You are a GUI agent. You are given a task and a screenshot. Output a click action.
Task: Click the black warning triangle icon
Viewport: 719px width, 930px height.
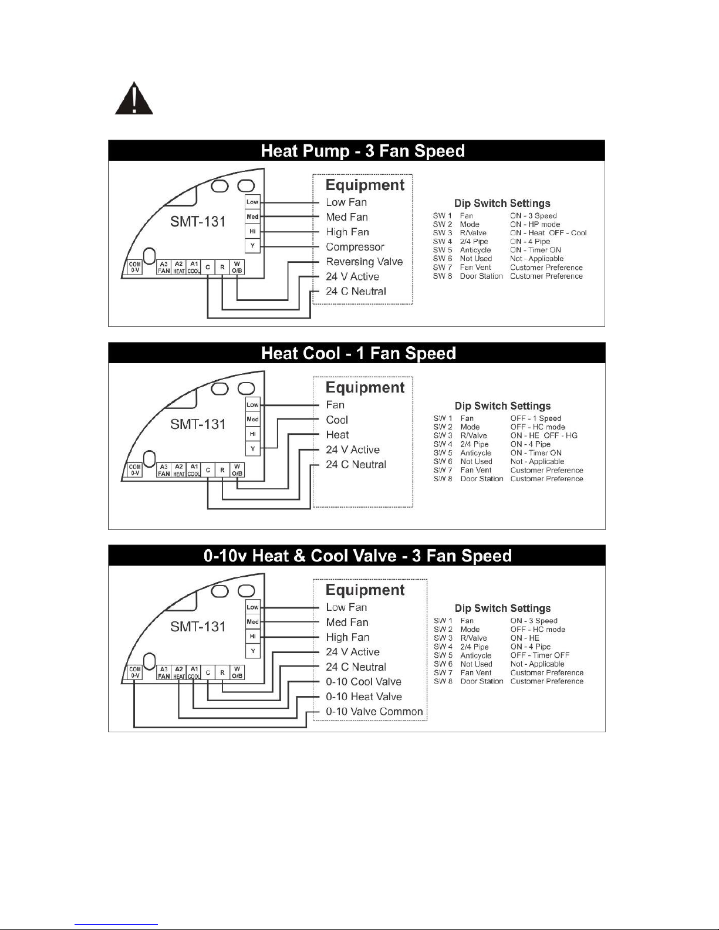(134, 99)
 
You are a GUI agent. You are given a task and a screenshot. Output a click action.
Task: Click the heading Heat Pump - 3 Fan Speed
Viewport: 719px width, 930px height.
(363, 151)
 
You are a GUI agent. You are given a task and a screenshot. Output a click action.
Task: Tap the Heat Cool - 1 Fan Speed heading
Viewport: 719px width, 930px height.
(359, 353)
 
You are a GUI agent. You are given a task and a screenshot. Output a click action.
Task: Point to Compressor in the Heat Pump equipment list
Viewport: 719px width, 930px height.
(355, 247)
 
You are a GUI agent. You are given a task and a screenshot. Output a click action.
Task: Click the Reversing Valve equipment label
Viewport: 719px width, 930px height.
(364, 262)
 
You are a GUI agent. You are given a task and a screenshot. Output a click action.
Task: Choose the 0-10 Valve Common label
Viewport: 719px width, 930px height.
(374, 711)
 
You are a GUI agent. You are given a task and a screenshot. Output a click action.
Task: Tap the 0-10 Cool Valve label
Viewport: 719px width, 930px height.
(363, 682)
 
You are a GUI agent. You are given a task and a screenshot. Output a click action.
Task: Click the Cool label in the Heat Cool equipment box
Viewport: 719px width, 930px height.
(337, 420)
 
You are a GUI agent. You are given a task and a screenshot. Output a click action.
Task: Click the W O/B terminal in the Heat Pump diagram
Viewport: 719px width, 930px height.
(237, 267)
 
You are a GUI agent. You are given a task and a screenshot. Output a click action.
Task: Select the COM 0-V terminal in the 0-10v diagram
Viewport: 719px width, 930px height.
(135, 672)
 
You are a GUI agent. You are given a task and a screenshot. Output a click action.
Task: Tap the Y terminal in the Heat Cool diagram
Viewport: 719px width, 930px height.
(252, 448)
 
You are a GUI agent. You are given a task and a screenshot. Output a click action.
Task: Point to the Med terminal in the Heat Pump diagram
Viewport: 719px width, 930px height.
(252, 217)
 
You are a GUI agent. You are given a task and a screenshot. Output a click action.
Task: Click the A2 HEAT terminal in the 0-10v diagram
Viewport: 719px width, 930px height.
(179, 672)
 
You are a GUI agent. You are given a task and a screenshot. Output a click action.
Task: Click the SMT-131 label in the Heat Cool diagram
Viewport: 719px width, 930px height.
(198, 424)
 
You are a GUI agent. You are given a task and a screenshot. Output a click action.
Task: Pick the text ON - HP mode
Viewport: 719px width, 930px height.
(535, 224)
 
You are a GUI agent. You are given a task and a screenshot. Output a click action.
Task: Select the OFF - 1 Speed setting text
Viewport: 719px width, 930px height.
(535, 418)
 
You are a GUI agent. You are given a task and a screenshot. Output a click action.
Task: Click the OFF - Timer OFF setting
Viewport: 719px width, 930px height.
(539, 655)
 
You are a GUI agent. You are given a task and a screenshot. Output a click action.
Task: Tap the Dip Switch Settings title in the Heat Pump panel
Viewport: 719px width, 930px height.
(502, 203)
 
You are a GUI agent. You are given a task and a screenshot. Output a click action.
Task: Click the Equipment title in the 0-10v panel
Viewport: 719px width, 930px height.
(365, 590)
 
